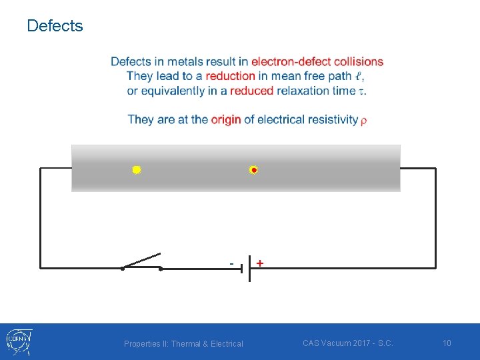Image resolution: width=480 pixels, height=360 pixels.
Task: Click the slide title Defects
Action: point(55,26)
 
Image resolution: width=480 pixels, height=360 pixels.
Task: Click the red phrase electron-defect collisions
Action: point(317,62)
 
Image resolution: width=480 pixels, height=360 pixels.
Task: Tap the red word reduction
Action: point(231,76)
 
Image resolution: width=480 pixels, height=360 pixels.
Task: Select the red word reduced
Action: point(252,91)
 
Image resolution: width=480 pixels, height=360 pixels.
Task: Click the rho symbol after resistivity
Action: point(363,121)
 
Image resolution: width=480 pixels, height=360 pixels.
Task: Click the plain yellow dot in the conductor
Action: point(136,170)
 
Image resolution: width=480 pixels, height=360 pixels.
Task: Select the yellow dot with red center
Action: point(253,170)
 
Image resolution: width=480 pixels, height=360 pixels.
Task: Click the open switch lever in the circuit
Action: point(141,261)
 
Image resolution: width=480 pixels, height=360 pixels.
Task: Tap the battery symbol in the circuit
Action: point(245,269)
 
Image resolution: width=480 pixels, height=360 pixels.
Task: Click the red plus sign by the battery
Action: point(259,263)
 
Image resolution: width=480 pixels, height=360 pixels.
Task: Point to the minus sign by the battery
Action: point(231,263)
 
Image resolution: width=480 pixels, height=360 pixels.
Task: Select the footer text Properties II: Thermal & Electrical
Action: point(183,344)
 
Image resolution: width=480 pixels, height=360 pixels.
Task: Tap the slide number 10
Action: point(447,343)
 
